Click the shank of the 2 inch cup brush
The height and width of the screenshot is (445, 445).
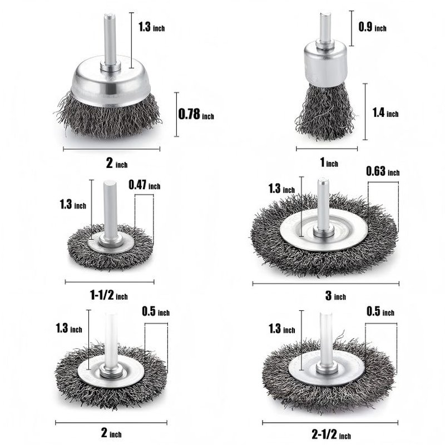point(108,42)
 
